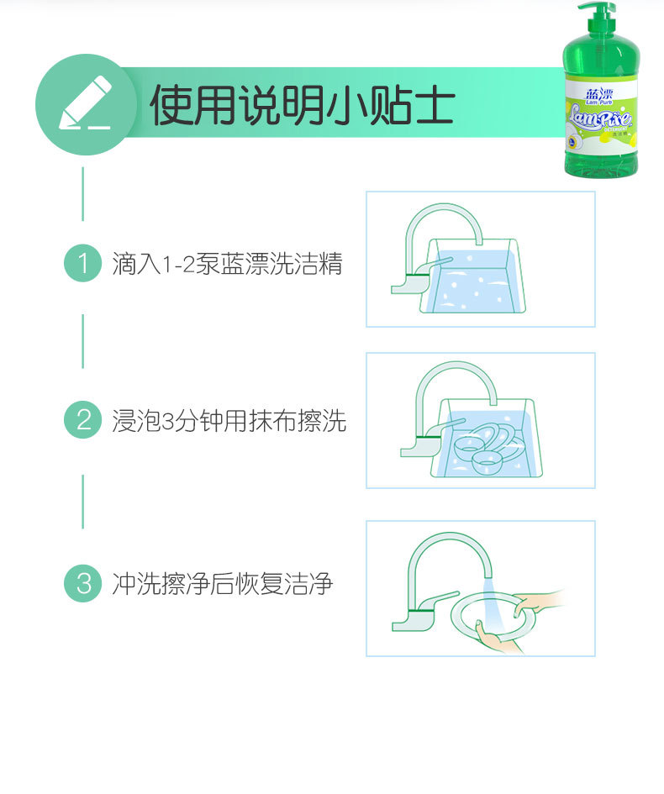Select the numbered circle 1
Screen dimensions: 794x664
[82, 264]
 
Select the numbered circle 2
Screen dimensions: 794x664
[82, 419]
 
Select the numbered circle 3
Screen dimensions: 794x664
[82, 582]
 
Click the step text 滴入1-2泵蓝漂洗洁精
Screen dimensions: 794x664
[228, 264]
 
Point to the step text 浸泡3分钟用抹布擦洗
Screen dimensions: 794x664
[229, 420]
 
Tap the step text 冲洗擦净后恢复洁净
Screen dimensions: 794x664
[223, 583]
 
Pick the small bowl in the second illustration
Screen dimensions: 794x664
[487, 460]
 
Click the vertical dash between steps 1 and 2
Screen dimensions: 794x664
[82, 341]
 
